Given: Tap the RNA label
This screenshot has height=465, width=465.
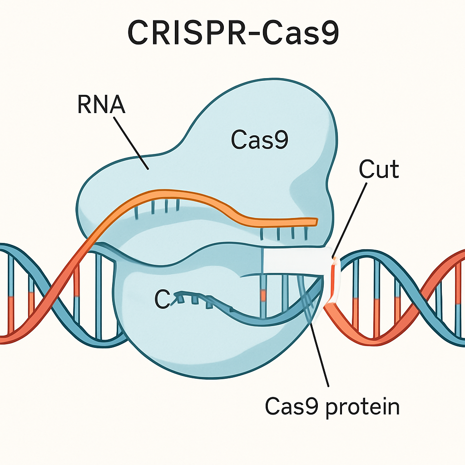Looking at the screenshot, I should [101, 105].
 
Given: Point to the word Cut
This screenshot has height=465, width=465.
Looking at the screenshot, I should [379, 170].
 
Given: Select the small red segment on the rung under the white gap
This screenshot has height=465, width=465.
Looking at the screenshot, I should [263, 295].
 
